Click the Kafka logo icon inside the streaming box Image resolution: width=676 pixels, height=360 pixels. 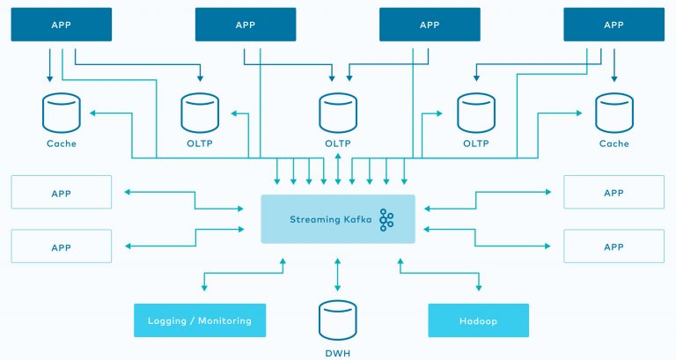(x=386, y=220)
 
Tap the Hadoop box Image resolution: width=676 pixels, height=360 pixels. (x=478, y=321)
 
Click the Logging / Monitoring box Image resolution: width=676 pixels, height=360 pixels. (x=200, y=321)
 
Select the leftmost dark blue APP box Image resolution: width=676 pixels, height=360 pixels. (x=62, y=25)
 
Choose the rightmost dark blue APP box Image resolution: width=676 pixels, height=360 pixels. (x=614, y=25)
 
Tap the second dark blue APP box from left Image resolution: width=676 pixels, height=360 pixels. (x=246, y=25)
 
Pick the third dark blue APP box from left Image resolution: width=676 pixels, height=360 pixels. (x=430, y=25)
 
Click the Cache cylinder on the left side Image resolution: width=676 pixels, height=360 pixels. (x=62, y=114)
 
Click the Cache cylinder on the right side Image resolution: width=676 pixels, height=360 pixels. (x=614, y=114)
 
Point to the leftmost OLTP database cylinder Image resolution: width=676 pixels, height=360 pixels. (x=200, y=114)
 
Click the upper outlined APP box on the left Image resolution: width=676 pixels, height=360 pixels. (x=62, y=193)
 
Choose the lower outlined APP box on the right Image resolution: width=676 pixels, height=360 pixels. (x=614, y=246)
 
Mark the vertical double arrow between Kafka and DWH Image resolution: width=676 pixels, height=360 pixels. (x=338, y=274)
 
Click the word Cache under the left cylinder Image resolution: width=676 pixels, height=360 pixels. (x=62, y=143)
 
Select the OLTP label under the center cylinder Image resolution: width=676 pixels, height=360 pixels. (x=338, y=143)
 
